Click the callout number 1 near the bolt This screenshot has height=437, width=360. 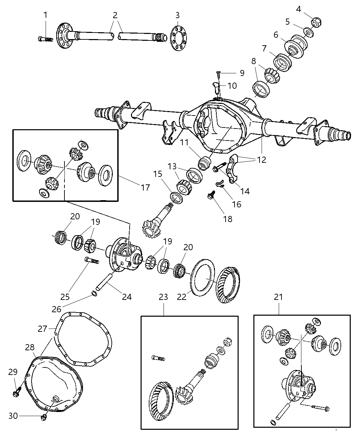point(45,15)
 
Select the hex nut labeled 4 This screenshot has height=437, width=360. point(315,23)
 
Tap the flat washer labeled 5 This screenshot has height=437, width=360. point(308,33)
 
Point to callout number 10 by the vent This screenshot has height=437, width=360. point(232,85)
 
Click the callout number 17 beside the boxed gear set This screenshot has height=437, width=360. point(145,187)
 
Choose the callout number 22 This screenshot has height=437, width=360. point(182,297)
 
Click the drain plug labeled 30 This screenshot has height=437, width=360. point(44,417)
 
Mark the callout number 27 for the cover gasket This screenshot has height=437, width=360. point(43,329)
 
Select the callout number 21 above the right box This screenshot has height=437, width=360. point(278,297)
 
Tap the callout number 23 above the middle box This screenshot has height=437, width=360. point(163,297)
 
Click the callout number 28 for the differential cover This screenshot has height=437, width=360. point(29,347)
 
